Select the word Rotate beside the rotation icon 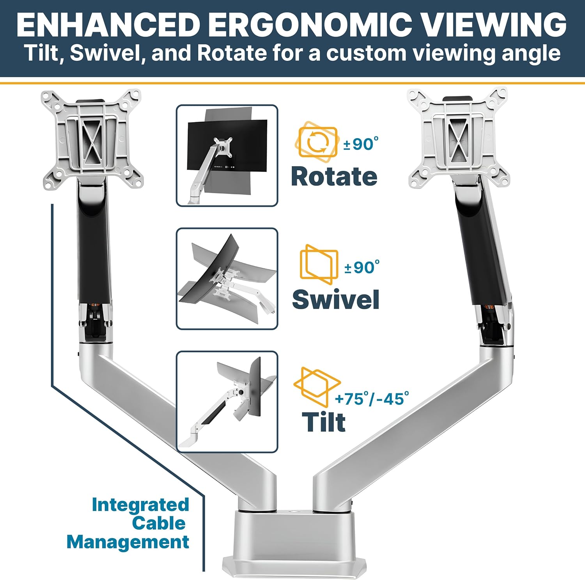(334, 176)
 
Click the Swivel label (336, 299)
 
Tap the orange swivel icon (319, 264)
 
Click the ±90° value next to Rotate (361, 144)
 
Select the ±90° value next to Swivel (362, 267)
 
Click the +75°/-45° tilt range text (372, 399)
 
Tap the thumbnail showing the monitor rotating (227, 155)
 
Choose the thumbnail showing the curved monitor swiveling (227, 279)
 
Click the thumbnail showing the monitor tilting (227, 402)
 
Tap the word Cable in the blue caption (159, 523)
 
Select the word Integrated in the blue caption (140, 505)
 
